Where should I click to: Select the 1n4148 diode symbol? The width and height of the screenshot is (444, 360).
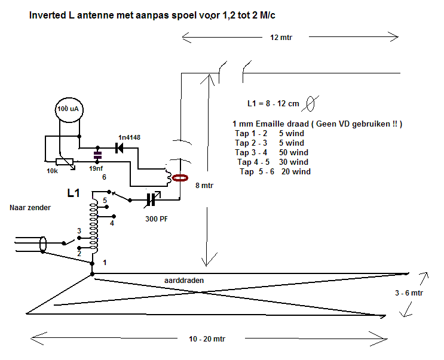[x=119, y=147]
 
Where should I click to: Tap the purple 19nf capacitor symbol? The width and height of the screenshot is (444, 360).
[x=97, y=155]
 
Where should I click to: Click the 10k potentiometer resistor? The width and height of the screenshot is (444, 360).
[x=65, y=162]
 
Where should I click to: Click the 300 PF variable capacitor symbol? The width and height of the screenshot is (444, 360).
[x=152, y=200]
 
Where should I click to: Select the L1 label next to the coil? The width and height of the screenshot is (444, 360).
[x=74, y=193]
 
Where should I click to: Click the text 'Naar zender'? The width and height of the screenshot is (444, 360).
[x=30, y=208]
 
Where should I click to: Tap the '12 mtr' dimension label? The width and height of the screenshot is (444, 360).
[x=281, y=38]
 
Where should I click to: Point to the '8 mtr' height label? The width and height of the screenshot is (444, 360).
[x=204, y=186]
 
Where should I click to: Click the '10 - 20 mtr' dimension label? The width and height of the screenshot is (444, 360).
[x=207, y=339]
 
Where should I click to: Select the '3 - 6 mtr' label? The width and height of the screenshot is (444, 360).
[x=409, y=293]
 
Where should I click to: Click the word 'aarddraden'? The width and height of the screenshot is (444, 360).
[x=184, y=280]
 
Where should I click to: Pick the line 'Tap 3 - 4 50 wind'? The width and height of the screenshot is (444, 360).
[x=271, y=152]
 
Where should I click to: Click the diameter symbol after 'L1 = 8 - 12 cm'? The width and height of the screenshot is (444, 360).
[x=311, y=103]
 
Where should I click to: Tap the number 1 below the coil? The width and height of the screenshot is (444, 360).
[x=105, y=263]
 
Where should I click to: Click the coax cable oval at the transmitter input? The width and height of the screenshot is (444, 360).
[x=43, y=244]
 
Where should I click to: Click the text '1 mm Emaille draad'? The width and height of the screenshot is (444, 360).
[x=271, y=124]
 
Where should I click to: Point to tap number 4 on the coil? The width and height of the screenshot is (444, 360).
[x=112, y=223]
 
